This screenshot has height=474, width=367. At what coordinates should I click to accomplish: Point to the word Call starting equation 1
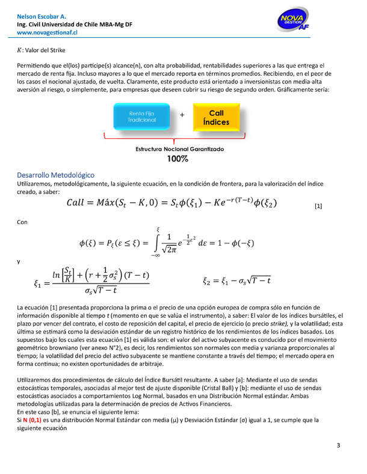tap(82, 202)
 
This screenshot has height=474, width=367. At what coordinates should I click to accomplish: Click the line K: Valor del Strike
tap(45, 49)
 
